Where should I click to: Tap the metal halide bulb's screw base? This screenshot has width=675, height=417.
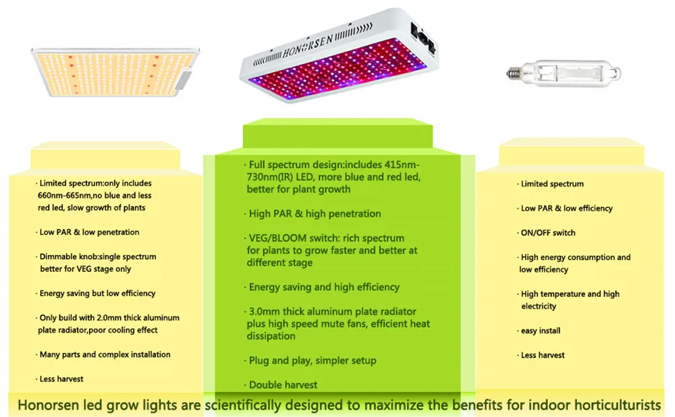[x=514, y=73]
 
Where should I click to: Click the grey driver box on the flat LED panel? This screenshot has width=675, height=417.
[x=184, y=80]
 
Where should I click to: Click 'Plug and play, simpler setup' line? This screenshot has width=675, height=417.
[x=310, y=360]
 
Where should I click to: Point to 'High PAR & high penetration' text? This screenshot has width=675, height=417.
[x=313, y=213]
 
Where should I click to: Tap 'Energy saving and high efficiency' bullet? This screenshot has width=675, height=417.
[x=321, y=287]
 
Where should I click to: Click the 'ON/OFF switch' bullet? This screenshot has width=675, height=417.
[x=546, y=233]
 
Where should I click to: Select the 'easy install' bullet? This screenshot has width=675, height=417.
[x=539, y=331]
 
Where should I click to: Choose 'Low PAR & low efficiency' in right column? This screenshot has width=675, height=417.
[x=565, y=208]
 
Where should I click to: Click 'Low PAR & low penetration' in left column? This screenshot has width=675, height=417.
[x=87, y=232]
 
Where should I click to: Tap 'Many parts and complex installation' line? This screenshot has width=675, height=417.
[x=103, y=355]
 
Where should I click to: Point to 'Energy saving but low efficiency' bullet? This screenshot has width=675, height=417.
[x=96, y=294]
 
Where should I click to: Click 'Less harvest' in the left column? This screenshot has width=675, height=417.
[x=59, y=379]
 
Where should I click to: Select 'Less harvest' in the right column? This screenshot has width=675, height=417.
[x=541, y=355]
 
